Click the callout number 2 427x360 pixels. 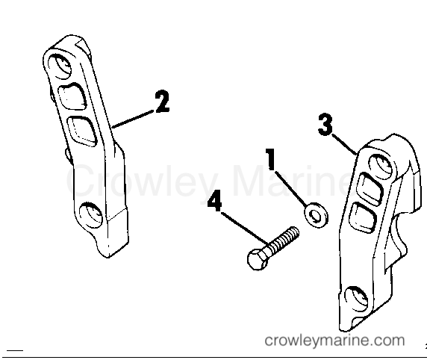(x=162, y=102)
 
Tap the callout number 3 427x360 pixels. (x=325, y=125)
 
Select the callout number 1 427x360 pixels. (x=270, y=159)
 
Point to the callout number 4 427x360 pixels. (x=214, y=201)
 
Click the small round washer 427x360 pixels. (x=316, y=215)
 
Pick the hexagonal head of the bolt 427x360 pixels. (x=257, y=259)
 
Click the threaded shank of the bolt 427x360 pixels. (x=283, y=240)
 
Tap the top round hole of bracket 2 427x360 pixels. (x=60, y=66)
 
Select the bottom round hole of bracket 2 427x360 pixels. (x=90, y=215)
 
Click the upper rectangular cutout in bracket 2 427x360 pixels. (x=72, y=97)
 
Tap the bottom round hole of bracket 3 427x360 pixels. (x=356, y=300)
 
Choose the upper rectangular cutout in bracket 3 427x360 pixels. (x=370, y=188)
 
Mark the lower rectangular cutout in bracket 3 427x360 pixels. (x=364, y=218)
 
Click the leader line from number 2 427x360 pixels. (x=134, y=119)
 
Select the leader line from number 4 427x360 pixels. (x=245, y=229)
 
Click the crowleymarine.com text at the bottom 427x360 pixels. (x=334, y=341)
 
